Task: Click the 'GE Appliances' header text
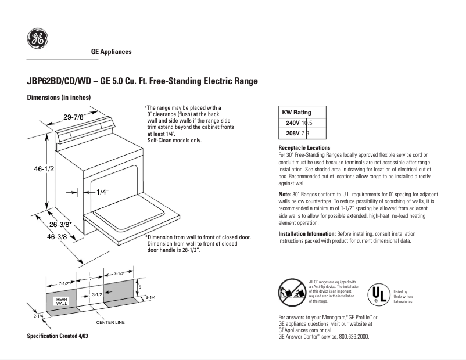coord(112,52)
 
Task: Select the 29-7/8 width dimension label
coord(74,117)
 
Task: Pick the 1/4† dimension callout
coord(102,192)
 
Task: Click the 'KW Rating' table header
coord(296,112)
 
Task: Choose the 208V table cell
coord(293,134)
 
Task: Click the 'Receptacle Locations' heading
coord(304,148)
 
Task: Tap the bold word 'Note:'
coord(285,193)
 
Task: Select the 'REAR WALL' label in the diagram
coord(62,301)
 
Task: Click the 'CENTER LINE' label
coord(110,322)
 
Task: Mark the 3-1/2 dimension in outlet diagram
coord(97,295)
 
